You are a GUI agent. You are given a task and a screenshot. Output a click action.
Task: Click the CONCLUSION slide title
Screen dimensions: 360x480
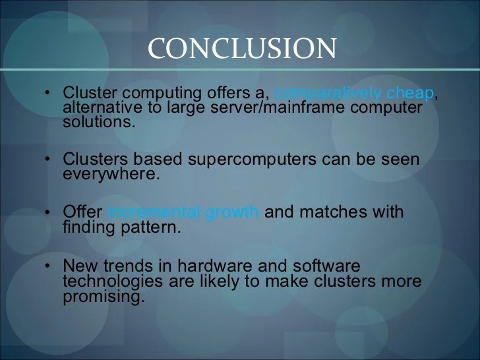pos(242,48)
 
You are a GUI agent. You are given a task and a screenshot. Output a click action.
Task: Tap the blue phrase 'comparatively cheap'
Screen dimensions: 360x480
pos(353,94)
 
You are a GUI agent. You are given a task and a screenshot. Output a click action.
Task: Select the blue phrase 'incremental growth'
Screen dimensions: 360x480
pos(183,212)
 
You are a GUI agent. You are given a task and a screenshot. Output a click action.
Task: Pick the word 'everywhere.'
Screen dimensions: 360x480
pos(111,174)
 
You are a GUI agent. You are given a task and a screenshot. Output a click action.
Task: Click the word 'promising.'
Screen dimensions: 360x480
pos(103,296)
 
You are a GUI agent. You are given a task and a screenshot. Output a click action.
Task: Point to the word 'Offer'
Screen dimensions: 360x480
pos(82,212)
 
